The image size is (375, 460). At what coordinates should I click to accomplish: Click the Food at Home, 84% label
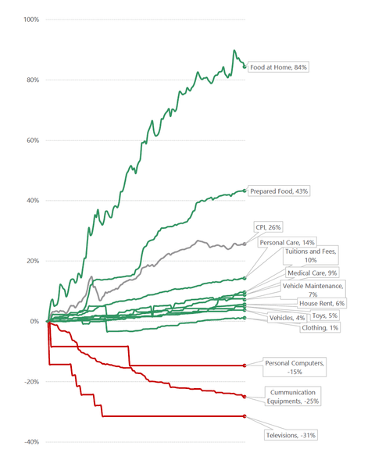coord(279,68)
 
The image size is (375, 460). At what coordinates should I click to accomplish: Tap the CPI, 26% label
coord(269,227)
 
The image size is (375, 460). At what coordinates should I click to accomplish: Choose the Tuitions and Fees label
coord(310,255)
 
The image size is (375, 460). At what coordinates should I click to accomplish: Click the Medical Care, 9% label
coord(312,273)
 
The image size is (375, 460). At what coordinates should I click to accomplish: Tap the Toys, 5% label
coord(324,316)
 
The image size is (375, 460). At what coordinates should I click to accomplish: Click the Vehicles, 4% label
coord(287,318)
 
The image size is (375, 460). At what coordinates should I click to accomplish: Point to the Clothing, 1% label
coord(320,328)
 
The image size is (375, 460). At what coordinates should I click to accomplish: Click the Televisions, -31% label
coord(291,435)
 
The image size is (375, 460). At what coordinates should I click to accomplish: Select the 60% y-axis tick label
coord(31,141)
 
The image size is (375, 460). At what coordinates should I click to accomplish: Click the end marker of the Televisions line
coord(245,416)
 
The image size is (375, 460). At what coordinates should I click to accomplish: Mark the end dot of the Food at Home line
coord(245,66)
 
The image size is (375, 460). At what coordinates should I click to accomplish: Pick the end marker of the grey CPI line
coord(245,244)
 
